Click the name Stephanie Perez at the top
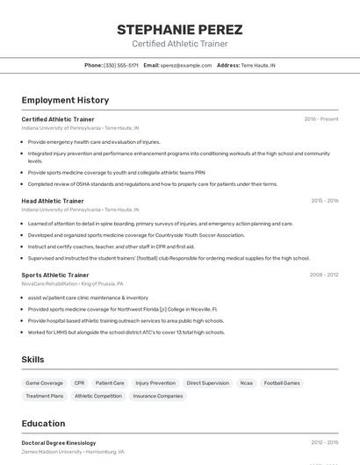pyautogui.click(x=179, y=30)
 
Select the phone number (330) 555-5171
pyautogui.click(x=121, y=65)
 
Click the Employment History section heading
pyautogui.click(x=65, y=100)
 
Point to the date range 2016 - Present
pyautogui.click(x=321, y=119)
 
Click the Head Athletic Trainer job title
pyautogui.click(x=53, y=201)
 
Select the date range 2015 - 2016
pyautogui.click(x=324, y=201)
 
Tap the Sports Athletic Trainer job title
pyautogui.click(x=55, y=275)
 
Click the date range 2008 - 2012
pyautogui.click(x=323, y=275)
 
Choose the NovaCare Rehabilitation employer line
pyautogui.click(x=72, y=284)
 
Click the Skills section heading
pyautogui.click(x=32, y=360)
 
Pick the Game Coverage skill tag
pyautogui.click(x=44, y=383)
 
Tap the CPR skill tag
pyautogui.click(x=79, y=383)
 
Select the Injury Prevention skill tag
pyautogui.click(x=155, y=383)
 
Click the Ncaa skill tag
pyautogui.click(x=246, y=383)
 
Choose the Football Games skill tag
pyautogui.click(x=282, y=383)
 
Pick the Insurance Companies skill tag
pyautogui.click(x=157, y=397)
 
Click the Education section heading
pyautogui.click(x=43, y=423)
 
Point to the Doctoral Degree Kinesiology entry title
pyautogui.click(x=59, y=443)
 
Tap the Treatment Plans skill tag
pyautogui.click(x=44, y=397)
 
